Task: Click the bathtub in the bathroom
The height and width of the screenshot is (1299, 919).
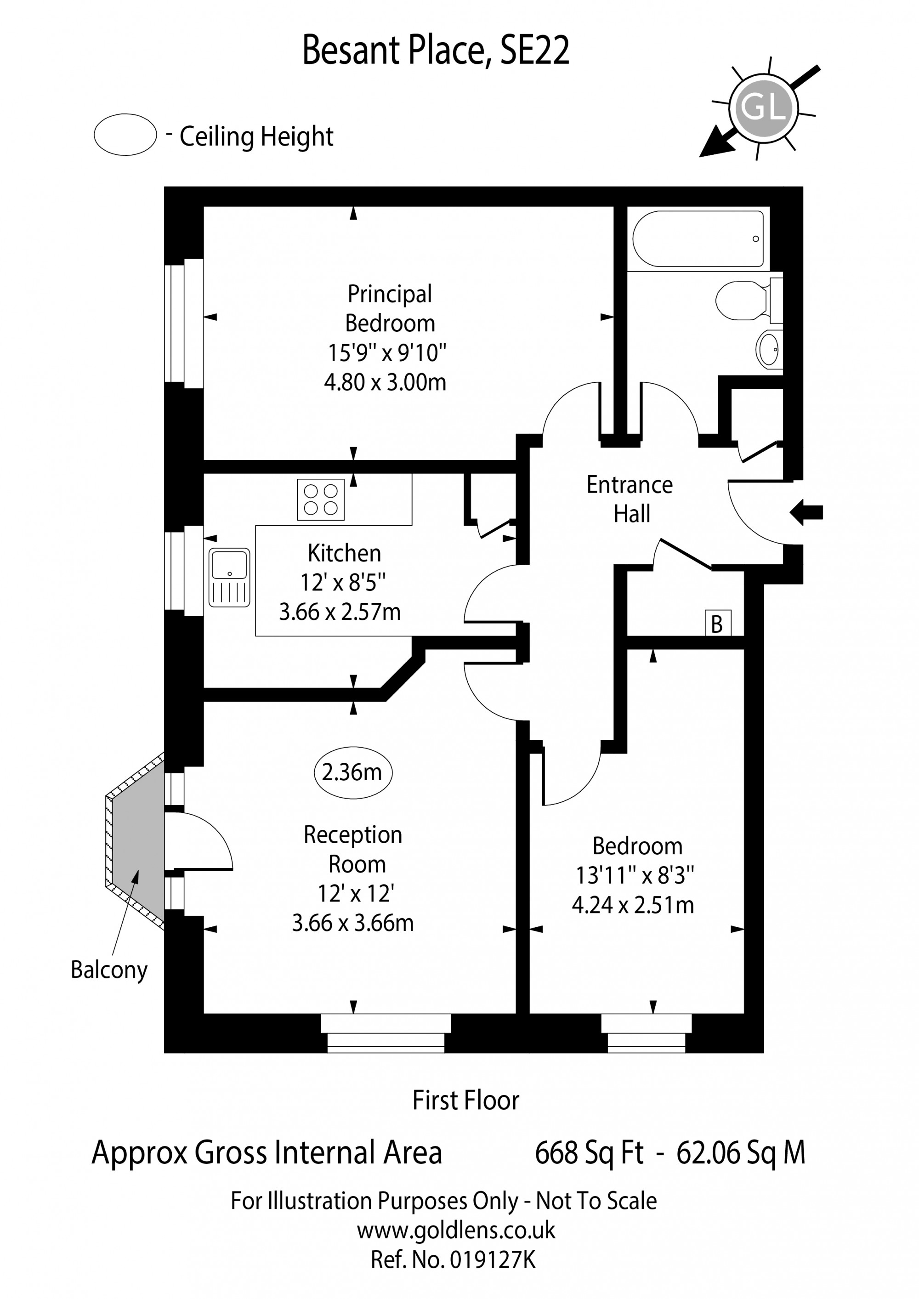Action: click(x=697, y=239)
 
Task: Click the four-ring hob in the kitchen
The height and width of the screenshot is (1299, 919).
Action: click(x=320, y=499)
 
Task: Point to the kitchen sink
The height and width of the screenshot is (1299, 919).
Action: click(x=229, y=577)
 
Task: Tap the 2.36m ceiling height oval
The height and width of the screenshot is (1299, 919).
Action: click(x=352, y=772)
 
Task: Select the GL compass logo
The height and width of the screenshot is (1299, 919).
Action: click(x=763, y=108)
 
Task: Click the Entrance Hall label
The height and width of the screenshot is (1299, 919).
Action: click(x=630, y=499)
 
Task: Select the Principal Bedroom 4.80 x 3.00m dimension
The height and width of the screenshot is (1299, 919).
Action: click(x=385, y=382)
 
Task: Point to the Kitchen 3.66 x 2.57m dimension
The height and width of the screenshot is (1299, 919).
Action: click(x=340, y=612)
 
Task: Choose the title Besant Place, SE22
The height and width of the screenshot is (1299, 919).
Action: click(x=436, y=51)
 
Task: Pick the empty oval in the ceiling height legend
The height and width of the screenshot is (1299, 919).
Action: click(x=125, y=135)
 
